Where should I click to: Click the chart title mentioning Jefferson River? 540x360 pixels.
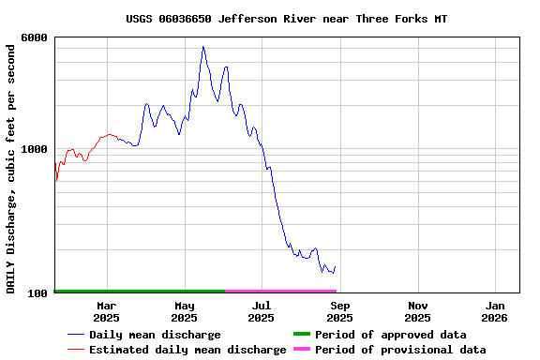click(286, 19)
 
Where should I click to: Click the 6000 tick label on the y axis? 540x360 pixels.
click(35, 37)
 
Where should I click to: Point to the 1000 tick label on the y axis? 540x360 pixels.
click(35, 149)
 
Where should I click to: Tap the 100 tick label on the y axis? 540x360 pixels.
click(37, 293)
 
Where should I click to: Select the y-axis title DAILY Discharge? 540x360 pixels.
click(11, 166)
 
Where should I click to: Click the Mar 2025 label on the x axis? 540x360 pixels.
click(106, 311)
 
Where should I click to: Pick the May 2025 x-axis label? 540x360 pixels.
click(185, 311)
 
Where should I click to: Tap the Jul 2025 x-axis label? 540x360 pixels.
click(262, 311)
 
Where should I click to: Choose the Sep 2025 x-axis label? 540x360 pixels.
click(340, 311)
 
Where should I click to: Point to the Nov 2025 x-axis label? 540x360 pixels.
click(418, 311)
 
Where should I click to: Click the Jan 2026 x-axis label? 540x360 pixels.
click(496, 311)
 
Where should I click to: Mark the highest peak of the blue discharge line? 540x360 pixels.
click(202, 47)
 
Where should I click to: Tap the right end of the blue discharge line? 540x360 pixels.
click(335, 266)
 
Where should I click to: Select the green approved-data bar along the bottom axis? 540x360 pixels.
click(141, 292)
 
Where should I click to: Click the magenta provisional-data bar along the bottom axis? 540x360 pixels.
click(281, 292)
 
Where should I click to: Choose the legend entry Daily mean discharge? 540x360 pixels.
click(155, 335)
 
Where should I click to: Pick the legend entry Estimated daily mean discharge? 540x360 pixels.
click(187, 350)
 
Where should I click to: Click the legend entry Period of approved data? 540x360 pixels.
click(390, 335)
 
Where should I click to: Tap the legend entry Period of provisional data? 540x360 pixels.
click(400, 350)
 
